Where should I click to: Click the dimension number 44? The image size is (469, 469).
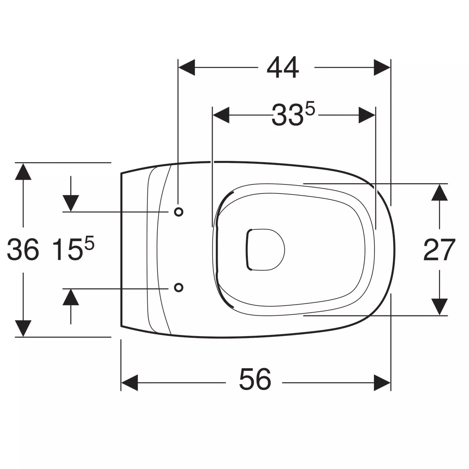(x=283, y=67)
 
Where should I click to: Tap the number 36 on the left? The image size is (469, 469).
(x=23, y=249)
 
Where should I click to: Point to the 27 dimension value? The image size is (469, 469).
(x=439, y=250)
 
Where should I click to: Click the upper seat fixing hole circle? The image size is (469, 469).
(x=179, y=212)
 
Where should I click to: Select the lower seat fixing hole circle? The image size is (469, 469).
(x=179, y=288)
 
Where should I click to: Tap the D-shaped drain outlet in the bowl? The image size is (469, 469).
(x=265, y=250)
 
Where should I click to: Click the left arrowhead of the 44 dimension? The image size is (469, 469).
(x=187, y=67)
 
